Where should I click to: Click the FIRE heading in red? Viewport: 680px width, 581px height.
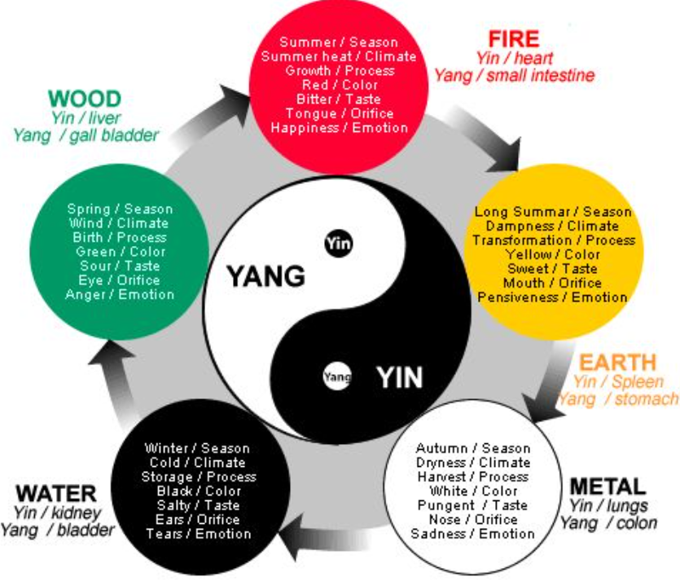[513, 38]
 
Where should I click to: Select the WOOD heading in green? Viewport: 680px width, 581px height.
[84, 99]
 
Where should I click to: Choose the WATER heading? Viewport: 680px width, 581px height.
[56, 494]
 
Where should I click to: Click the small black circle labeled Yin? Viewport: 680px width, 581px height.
[337, 243]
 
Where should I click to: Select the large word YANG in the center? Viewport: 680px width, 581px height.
[266, 277]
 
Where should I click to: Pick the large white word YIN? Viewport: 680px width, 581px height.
[399, 378]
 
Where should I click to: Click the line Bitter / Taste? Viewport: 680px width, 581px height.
[339, 99]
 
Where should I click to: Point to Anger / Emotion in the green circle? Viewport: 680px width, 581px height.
[120, 294]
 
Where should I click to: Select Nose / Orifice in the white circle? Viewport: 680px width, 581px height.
[472, 520]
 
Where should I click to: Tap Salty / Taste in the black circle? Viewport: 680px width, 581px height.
[198, 505]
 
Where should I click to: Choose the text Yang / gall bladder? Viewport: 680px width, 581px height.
[86, 135]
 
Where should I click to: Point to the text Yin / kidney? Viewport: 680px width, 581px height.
[56, 513]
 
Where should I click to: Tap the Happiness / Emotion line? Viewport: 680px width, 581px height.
[339, 128]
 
